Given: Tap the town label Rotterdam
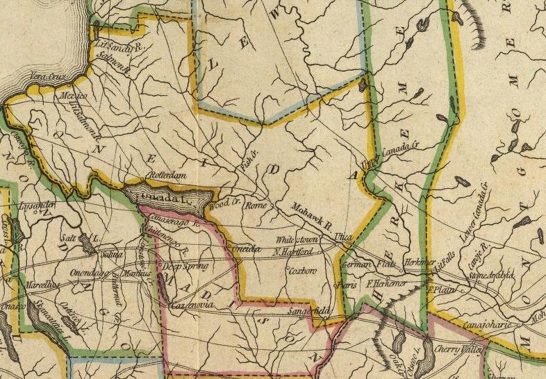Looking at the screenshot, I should pos(169,177).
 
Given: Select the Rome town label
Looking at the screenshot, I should pos(257,206).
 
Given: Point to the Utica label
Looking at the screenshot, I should pos(343,237).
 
